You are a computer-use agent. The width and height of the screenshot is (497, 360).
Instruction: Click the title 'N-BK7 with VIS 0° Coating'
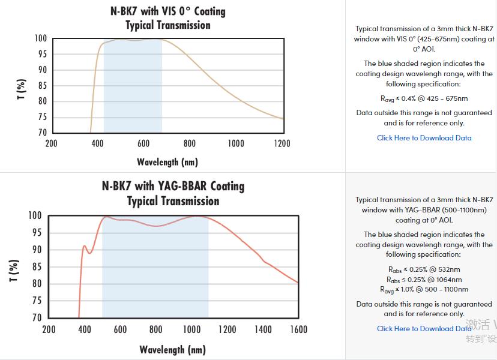coord(167,11)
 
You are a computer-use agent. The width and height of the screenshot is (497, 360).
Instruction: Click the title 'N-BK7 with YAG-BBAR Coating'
coord(173,186)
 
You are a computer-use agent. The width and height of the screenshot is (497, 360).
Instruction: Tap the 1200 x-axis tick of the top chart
coord(282,143)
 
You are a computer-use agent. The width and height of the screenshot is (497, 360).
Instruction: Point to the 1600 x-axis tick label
coord(298,329)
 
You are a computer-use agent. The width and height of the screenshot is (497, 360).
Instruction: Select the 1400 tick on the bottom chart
coord(262,329)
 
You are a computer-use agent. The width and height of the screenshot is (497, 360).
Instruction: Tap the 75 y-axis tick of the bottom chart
coord(36,301)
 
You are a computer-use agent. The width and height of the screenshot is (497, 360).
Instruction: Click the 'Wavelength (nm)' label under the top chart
coord(167,162)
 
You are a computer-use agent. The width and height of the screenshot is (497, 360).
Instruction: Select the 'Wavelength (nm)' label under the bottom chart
coord(172,349)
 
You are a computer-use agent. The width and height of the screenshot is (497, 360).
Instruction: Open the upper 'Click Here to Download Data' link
coord(424,138)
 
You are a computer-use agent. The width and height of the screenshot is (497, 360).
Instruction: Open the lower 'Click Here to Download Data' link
coord(424,328)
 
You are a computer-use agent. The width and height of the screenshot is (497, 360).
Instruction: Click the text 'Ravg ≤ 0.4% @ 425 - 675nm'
coord(424,98)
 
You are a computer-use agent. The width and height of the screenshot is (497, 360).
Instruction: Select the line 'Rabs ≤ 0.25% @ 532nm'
coord(424,269)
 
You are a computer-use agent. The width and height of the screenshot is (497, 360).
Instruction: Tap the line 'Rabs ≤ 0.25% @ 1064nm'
coord(424,280)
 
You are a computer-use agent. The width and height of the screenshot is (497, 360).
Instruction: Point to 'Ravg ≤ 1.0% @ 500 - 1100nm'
coord(424,290)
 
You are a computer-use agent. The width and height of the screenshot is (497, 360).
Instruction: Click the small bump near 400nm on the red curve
coord(85,246)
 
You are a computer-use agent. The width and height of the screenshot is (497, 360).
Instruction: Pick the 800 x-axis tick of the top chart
coord(190,143)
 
